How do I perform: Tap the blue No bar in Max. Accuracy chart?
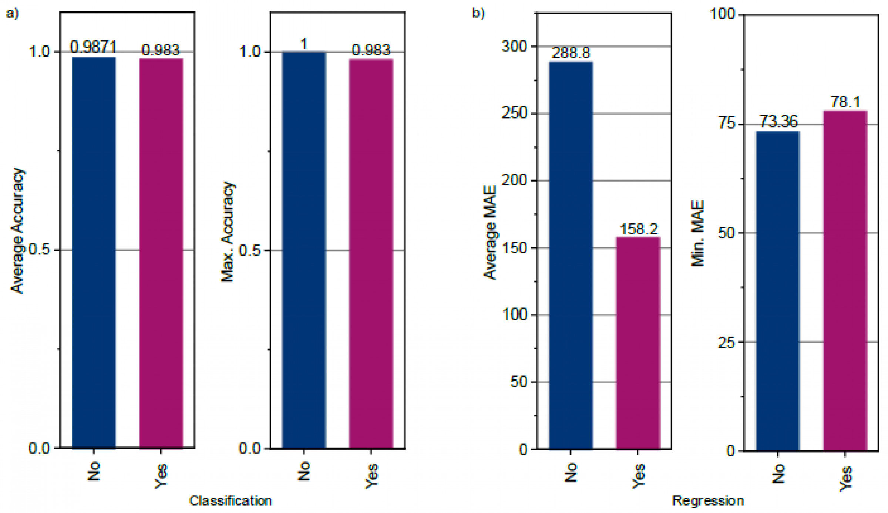(x=304, y=250)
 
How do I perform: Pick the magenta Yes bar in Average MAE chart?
(x=638, y=343)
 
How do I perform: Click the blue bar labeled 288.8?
(x=571, y=255)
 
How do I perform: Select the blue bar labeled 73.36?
(x=778, y=291)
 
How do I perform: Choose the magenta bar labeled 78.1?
(x=845, y=280)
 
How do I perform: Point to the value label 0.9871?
(x=93, y=47)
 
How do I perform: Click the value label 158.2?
(x=639, y=229)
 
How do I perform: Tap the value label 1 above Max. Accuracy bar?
(x=304, y=44)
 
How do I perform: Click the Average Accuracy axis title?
(x=17, y=230)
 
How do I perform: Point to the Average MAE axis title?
(x=490, y=232)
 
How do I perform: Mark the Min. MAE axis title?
(x=697, y=233)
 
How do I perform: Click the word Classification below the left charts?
(x=231, y=501)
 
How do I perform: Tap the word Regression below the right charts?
(x=708, y=501)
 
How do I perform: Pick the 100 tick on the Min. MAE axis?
(x=722, y=14)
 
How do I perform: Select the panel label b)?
(x=478, y=14)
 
